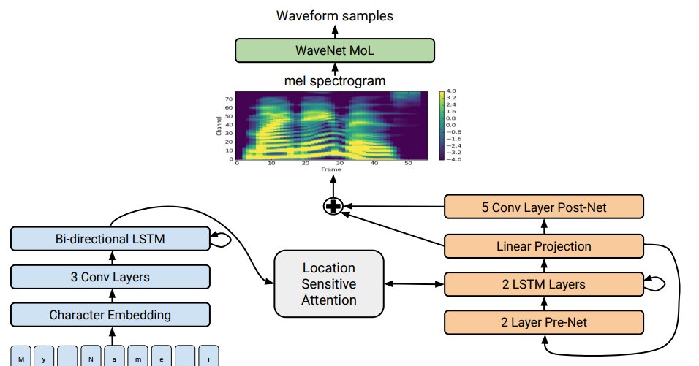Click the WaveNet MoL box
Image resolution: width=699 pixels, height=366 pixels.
[x=334, y=50]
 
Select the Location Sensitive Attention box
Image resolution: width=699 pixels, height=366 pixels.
[x=328, y=283]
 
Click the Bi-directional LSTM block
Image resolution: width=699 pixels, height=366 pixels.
[x=110, y=239]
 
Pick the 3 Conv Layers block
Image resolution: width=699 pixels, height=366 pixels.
[x=110, y=277]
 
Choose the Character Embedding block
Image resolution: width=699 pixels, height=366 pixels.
[x=110, y=315]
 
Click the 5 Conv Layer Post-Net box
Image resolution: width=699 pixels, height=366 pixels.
[x=544, y=207]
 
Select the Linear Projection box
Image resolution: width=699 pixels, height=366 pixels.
[x=544, y=245]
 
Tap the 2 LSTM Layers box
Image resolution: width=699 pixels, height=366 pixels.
[x=544, y=283]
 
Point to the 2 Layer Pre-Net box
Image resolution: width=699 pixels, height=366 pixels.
[x=544, y=321]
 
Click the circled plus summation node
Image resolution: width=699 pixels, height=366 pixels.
[x=333, y=207]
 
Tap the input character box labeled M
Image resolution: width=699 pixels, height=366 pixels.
[x=21, y=358]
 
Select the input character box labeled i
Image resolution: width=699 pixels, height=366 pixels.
[x=209, y=358]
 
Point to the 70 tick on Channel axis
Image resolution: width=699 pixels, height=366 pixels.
[x=229, y=98]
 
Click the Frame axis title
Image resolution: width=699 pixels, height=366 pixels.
[x=330, y=169]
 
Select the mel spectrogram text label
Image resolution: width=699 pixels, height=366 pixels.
[x=334, y=81]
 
